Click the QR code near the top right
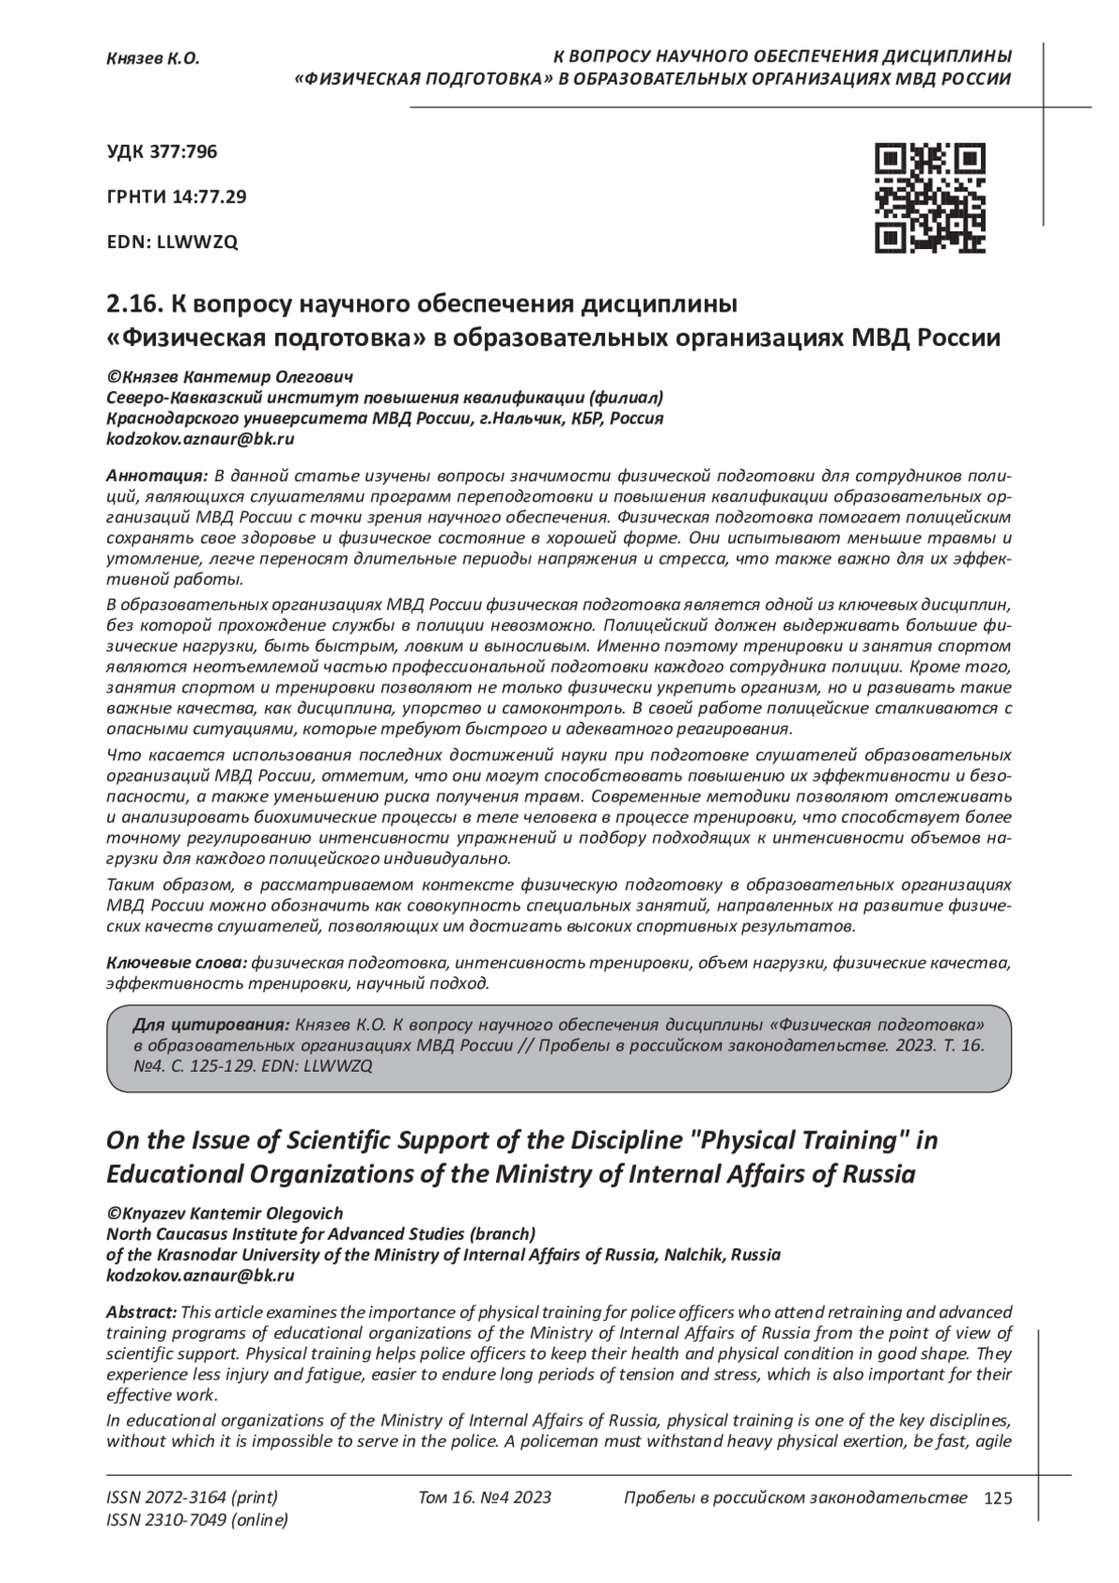point(930,198)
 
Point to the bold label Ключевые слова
point(177,962)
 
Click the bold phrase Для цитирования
point(213,1022)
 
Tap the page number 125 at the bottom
point(997,1499)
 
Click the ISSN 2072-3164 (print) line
point(192,1498)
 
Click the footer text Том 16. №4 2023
point(485,1498)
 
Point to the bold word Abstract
point(141,1312)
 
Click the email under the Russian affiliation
point(201,438)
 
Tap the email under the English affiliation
point(201,1275)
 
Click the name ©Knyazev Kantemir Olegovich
point(225,1214)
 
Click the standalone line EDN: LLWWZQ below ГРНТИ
point(173,242)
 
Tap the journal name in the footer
point(794,1498)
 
